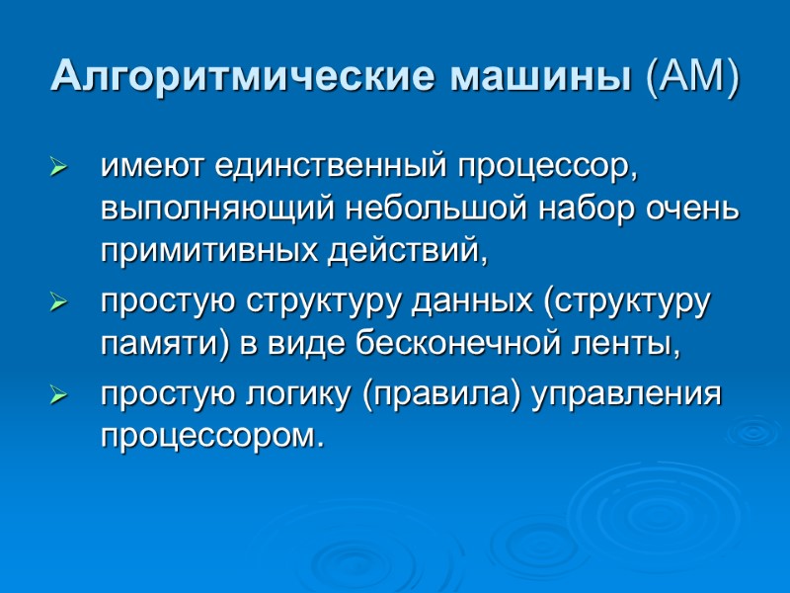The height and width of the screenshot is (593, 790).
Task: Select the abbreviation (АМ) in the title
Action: click(x=690, y=77)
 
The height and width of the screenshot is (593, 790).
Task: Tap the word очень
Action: click(x=691, y=210)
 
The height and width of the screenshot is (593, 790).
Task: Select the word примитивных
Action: click(x=208, y=252)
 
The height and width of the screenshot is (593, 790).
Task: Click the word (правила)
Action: click(x=443, y=395)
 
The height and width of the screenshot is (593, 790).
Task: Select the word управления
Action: click(x=628, y=395)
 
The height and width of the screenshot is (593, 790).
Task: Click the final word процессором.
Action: click(x=211, y=436)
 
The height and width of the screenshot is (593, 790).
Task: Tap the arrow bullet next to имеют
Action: click(x=58, y=169)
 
